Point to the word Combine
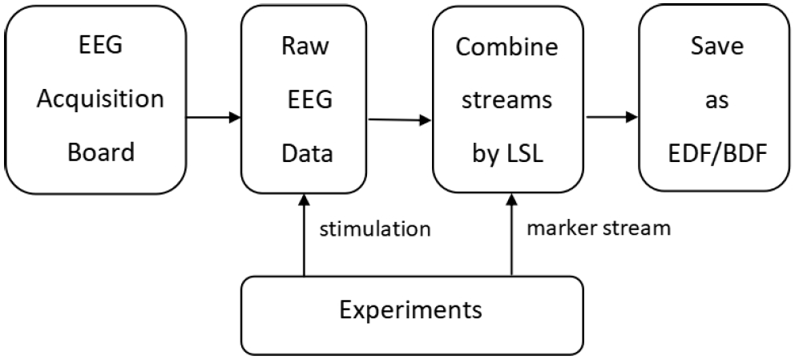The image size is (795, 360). click(x=494, y=47)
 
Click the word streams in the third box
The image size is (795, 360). click(x=494, y=101)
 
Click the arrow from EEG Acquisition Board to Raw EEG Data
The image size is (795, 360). click(x=213, y=118)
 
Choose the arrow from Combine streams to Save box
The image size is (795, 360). click(x=611, y=118)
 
